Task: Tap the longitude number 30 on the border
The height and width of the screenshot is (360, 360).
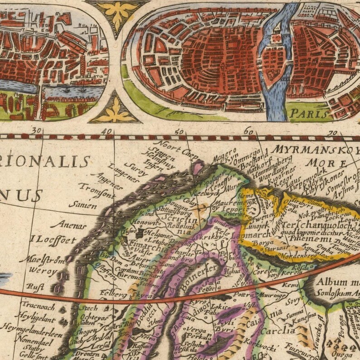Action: tap(37, 131)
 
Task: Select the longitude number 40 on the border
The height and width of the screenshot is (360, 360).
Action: tap(107, 131)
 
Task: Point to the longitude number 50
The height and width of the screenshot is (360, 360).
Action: tap(180, 131)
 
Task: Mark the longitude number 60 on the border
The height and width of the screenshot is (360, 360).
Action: tap(248, 131)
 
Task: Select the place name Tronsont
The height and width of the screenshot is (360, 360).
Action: tap(97, 190)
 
